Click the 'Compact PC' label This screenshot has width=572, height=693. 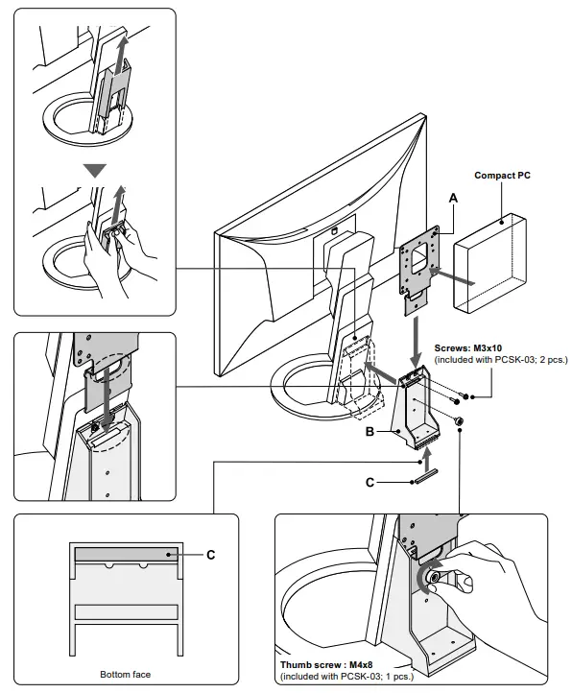pyautogui.click(x=502, y=176)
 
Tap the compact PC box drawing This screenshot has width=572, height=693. pyautogui.click(x=489, y=264)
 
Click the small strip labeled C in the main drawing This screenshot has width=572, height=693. pyautogui.click(x=426, y=476)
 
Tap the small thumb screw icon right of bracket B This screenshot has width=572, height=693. pyautogui.click(x=459, y=421)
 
